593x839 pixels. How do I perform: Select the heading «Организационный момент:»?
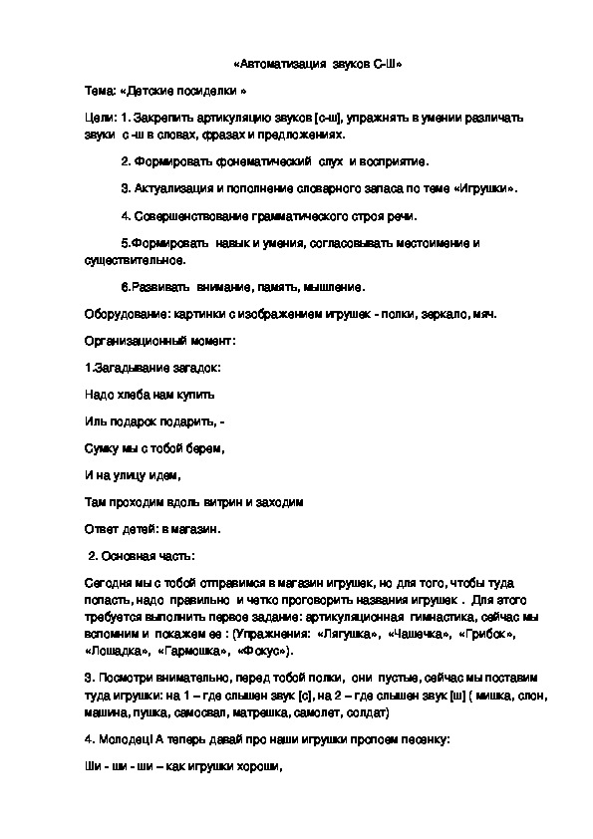point(160,342)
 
